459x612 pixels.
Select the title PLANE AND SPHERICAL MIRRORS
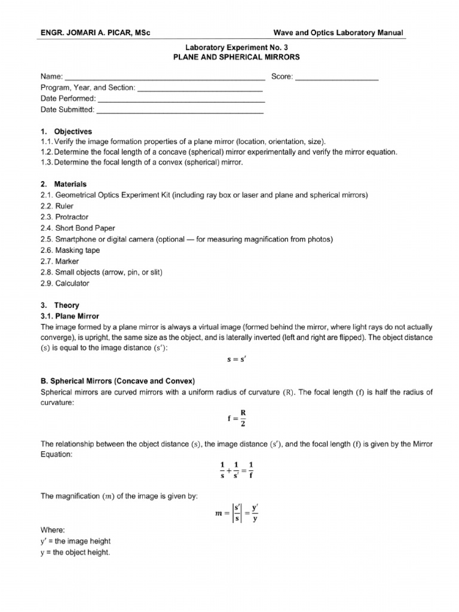[x=236, y=57]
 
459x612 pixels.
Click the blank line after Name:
[x=164, y=78]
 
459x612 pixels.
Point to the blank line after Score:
[x=336, y=78]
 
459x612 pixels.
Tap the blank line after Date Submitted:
[x=179, y=111]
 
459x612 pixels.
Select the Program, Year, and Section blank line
[x=200, y=88]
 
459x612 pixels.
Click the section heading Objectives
[x=72, y=131]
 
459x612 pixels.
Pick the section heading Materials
[x=70, y=185]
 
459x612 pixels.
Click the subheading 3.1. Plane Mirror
[x=70, y=316]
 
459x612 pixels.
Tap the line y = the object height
[x=75, y=552]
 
